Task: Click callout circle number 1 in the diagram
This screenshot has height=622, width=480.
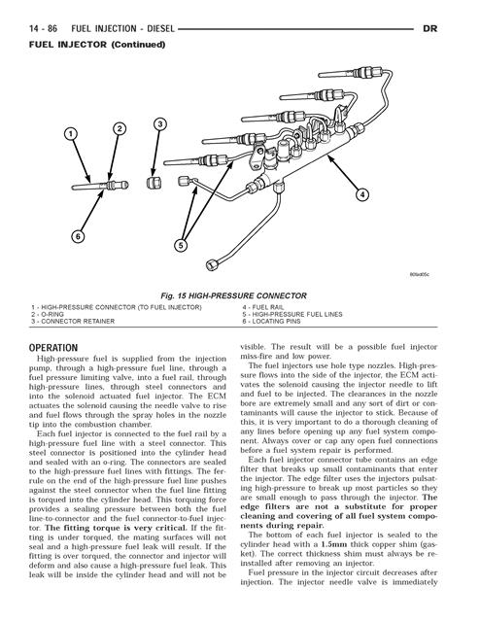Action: coord(71,133)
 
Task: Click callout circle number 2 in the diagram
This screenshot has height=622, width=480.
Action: coord(120,129)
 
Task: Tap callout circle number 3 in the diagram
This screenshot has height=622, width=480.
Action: coord(160,123)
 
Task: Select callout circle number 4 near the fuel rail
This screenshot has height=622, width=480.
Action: coord(362,194)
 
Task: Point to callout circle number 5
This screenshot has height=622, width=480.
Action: coord(181,246)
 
